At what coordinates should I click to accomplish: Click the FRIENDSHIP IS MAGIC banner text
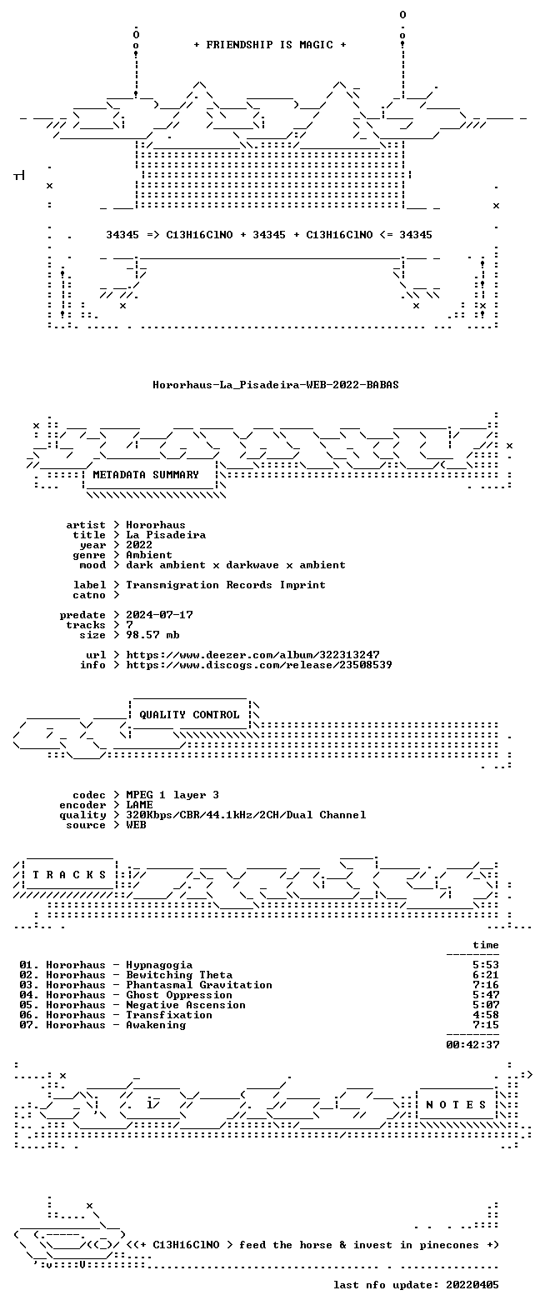[x=270, y=44]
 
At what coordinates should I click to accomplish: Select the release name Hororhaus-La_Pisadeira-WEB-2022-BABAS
[x=276, y=385]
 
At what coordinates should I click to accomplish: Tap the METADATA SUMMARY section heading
[x=146, y=475]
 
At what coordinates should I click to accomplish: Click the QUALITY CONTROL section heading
[x=189, y=715]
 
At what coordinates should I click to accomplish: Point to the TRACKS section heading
[x=69, y=875]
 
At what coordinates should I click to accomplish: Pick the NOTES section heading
[x=457, y=1105]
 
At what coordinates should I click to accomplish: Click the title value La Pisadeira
[x=166, y=535]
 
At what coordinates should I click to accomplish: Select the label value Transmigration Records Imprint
[x=226, y=585]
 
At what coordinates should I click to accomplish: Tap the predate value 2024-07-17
[x=159, y=615]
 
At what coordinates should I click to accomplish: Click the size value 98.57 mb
[x=152, y=635]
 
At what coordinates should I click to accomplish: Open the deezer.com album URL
[x=252, y=655]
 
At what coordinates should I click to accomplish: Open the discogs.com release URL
[x=259, y=665]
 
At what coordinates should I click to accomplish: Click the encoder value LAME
[x=139, y=805]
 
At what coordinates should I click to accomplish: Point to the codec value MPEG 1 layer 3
[x=172, y=795]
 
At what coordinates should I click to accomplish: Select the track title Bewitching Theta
[x=179, y=975]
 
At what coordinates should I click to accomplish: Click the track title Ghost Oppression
[x=179, y=995]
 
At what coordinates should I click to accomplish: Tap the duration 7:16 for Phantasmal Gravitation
[x=486, y=985]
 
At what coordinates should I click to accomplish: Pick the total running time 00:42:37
[x=472, y=1044]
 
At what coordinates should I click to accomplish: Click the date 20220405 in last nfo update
[x=472, y=1285]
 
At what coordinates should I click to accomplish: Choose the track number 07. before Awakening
[x=29, y=1025]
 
